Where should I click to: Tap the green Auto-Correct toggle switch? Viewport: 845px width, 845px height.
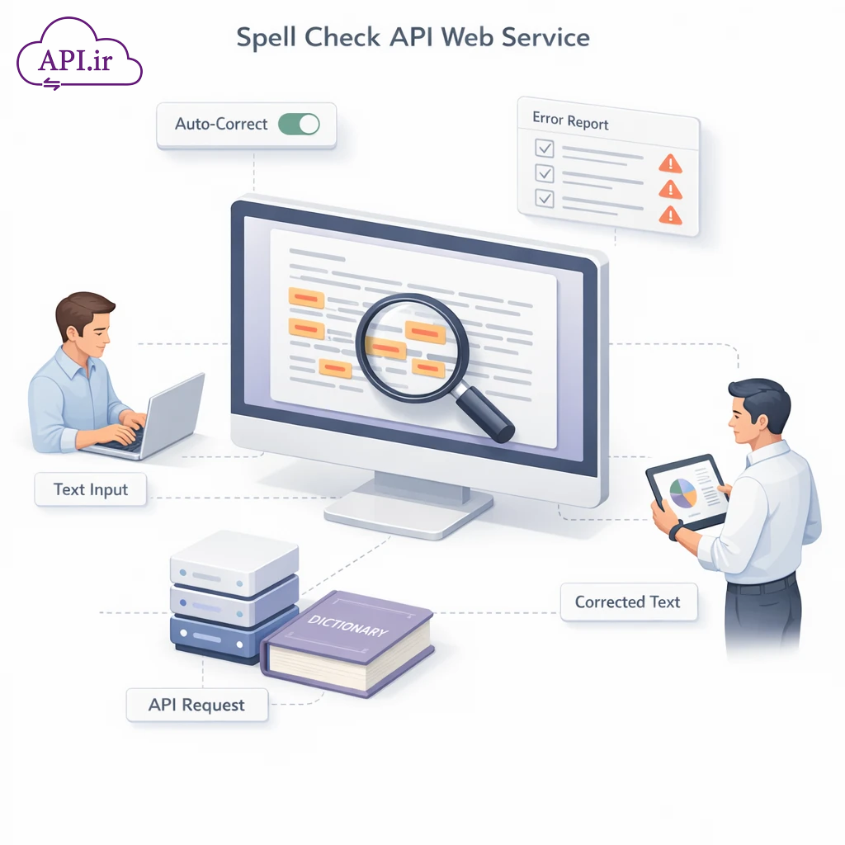coord(298,125)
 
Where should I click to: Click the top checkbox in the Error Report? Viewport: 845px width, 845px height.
coord(545,149)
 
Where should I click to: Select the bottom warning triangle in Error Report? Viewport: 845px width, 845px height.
coord(671,215)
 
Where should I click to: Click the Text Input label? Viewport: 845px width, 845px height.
coord(91,489)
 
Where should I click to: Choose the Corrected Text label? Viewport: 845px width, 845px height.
coord(627,602)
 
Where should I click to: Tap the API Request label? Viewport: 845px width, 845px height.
coord(196,705)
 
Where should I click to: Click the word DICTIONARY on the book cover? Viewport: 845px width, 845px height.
coord(347,625)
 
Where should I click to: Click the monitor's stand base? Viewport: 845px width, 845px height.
coord(408,517)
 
